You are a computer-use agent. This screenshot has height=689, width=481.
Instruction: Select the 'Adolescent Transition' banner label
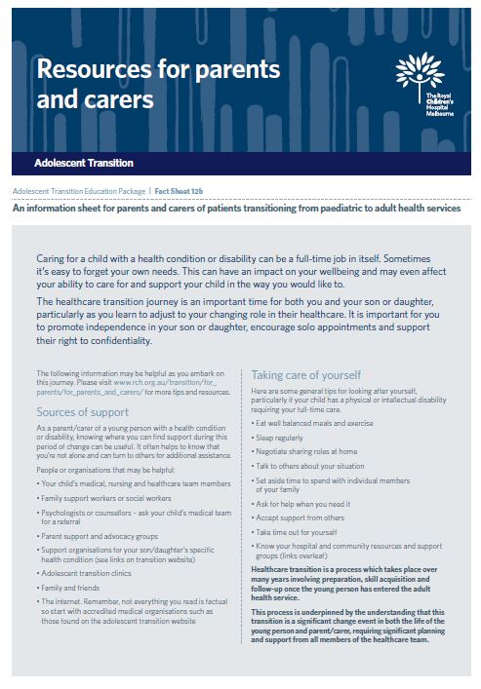pos(84,163)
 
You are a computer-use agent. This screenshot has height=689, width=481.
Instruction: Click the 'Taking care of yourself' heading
pos(306,374)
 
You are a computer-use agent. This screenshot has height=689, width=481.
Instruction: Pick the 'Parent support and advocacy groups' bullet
pos(100,536)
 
